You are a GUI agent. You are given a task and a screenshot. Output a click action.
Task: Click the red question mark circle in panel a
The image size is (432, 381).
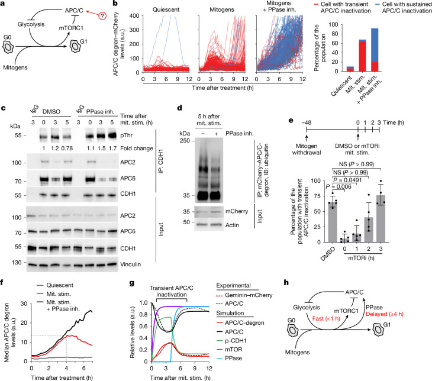coord(102,16)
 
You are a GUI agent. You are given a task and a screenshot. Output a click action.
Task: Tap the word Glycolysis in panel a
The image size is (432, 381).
coord(31,24)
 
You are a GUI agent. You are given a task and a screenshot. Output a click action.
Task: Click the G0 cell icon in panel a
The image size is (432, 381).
coord(8,47)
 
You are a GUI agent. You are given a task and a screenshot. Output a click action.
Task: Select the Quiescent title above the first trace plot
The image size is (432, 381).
coord(166,9)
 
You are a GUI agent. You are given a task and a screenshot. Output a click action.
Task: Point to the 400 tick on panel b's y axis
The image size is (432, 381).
coord(134,16)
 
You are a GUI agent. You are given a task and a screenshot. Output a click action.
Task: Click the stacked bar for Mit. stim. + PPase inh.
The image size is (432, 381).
coord(375,50)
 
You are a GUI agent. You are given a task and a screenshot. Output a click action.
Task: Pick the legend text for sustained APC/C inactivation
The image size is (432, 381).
coord(407,8)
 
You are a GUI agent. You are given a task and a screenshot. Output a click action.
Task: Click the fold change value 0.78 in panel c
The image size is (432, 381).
coord(66,148)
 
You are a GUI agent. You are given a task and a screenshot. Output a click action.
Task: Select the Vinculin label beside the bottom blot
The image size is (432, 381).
coord(131,264)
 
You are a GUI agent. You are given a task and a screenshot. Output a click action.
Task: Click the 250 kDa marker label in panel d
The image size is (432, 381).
coord(185,141)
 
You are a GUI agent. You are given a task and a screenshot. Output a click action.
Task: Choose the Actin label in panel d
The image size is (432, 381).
coord(232,225)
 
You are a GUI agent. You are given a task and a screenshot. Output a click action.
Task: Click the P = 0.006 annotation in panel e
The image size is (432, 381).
coord(338,187)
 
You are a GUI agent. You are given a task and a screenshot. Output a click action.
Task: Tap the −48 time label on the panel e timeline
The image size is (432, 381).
coord(307,122)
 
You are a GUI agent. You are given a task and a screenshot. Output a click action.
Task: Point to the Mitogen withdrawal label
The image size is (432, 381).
coord(307,149)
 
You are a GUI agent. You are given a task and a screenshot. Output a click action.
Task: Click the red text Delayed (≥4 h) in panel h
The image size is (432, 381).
coord(385,314)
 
